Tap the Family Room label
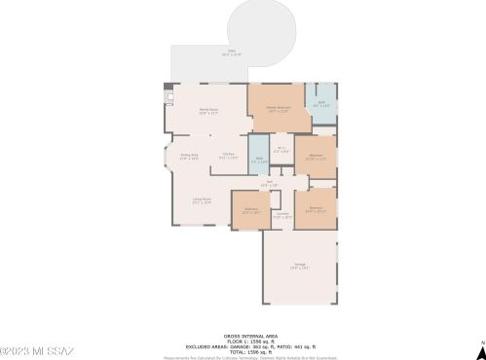click(x=207, y=112)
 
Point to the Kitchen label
click(x=227, y=155)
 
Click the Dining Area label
click(x=189, y=156)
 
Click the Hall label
click(x=270, y=183)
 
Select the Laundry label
click(x=281, y=215)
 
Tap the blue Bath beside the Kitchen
click(x=259, y=161)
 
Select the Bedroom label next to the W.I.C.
click(x=316, y=157)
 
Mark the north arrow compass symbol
click(x=480, y=344)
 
